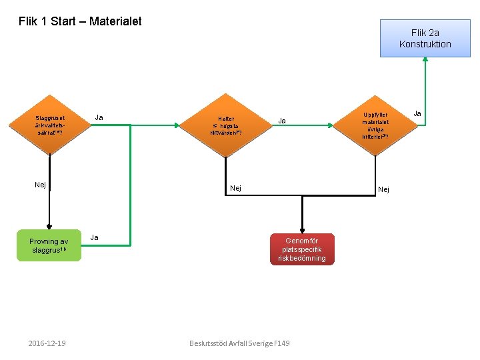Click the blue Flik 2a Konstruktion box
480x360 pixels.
425,39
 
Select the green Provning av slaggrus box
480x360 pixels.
49,245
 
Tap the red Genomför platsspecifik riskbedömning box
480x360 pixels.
303,249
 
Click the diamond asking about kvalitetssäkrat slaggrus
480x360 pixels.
50,125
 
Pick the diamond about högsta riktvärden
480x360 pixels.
225,125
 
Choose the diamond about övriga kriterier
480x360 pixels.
375,125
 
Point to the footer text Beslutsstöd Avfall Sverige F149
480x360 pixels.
239,343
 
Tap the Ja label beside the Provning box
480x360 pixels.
95,237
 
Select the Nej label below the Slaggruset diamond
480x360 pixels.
41,185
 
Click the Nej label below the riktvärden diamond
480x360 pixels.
236,188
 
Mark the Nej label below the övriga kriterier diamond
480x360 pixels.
384,190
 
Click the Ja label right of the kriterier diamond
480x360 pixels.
417,114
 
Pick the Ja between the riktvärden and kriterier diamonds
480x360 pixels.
282,121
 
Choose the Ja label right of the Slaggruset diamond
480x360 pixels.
99,117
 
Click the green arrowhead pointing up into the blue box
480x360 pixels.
425,61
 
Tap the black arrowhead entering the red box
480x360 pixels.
303,229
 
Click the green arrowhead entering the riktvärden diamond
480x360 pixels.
182,125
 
